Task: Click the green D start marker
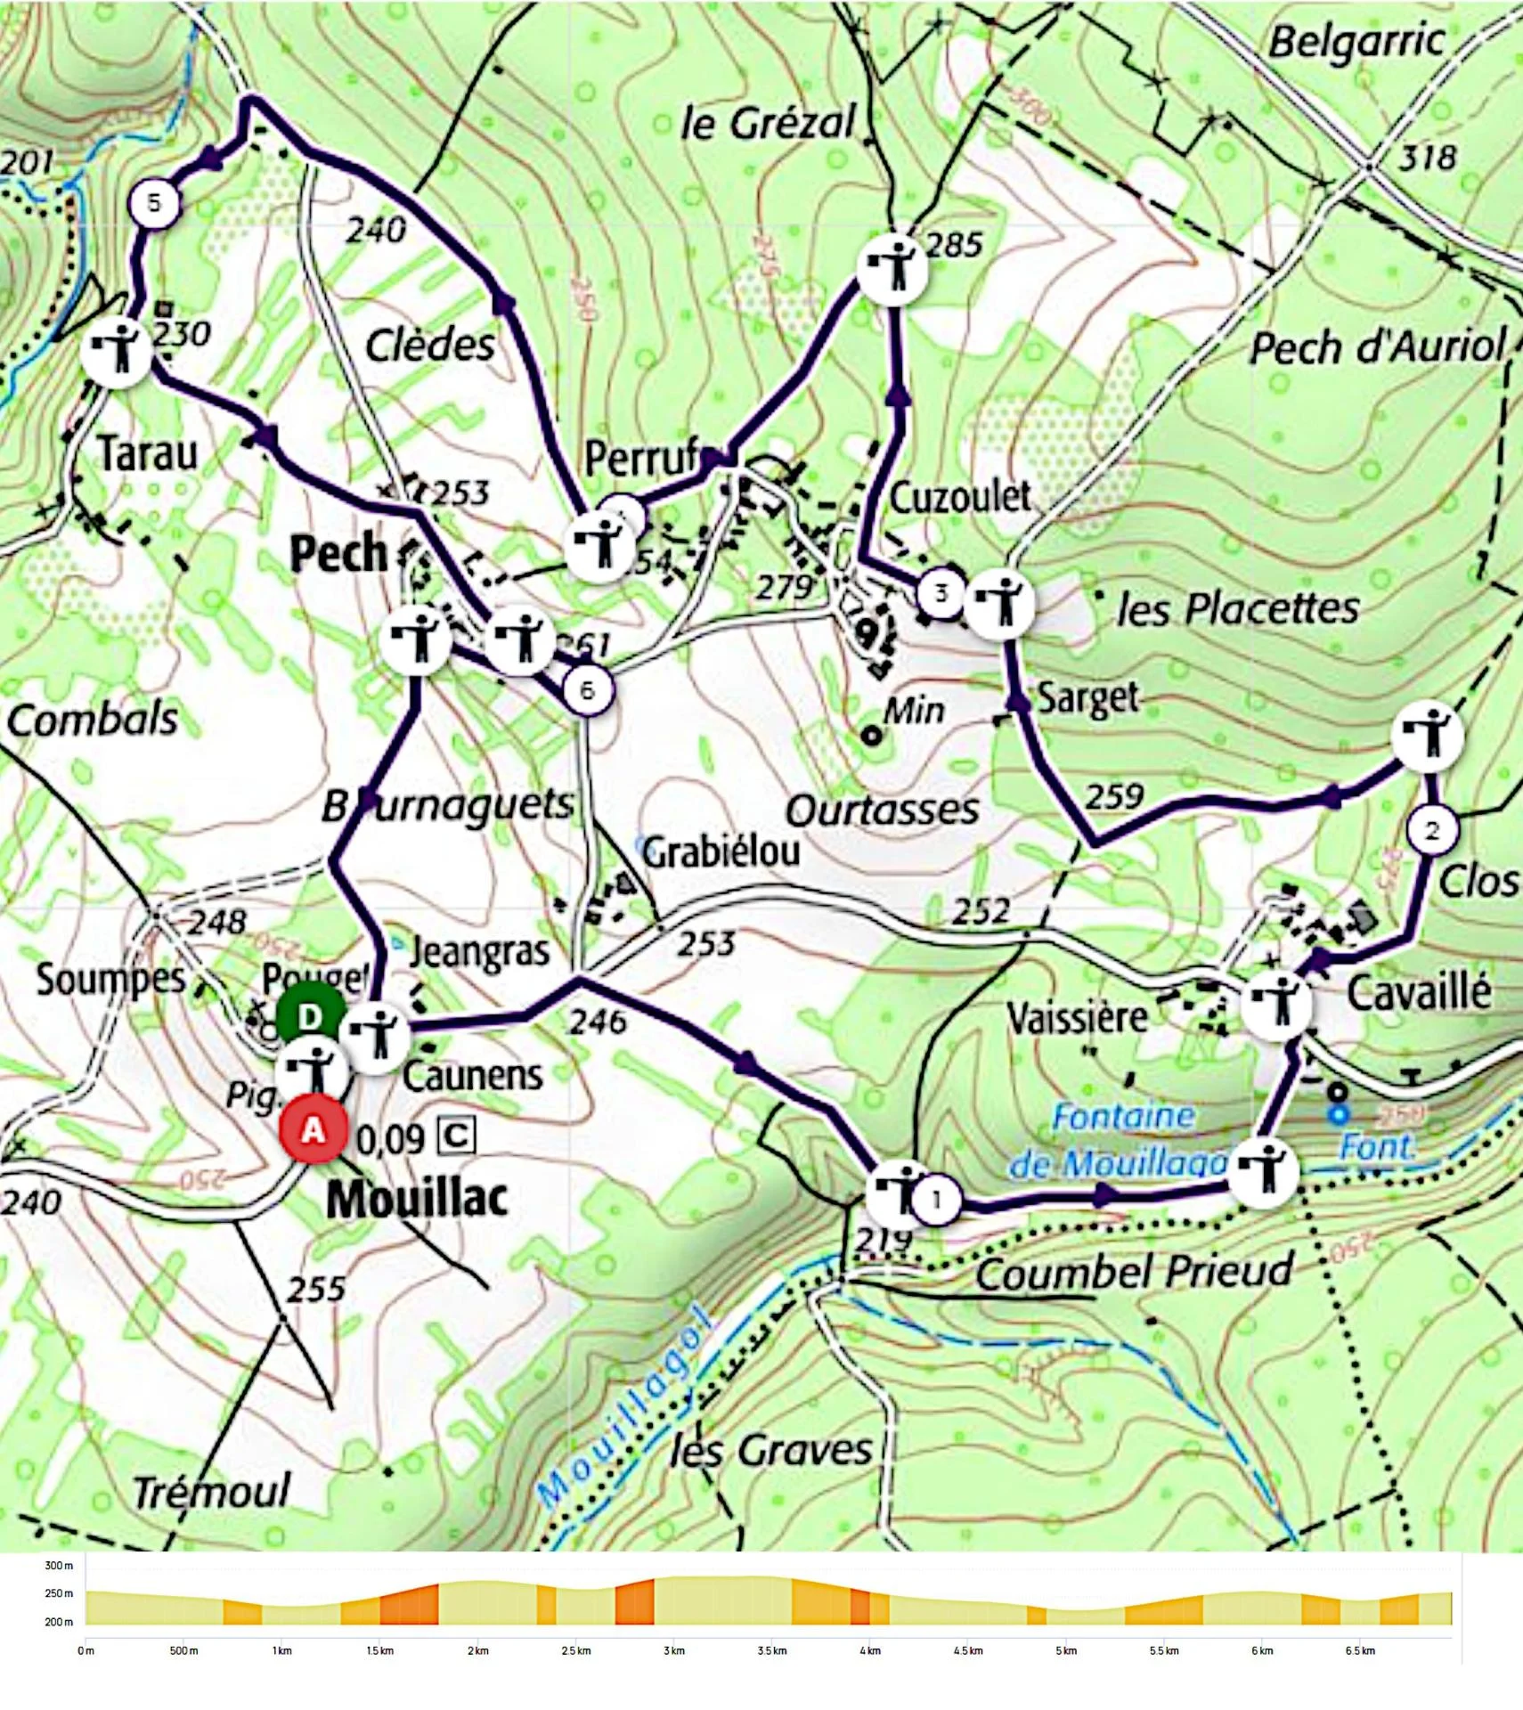[x=309, y=1017]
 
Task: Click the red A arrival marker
[x=313, y=1130]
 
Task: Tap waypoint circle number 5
[x=154, y=203]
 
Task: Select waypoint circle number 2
[x=1432, y=830]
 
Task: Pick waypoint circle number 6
[x=586, y=690]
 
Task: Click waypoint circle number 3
[x=941, y=592]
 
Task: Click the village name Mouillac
[x=417, y=1199]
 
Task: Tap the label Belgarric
[x=1356, y=42]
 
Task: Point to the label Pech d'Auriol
[x=1377, y=347]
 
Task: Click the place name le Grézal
[x=768, y=122]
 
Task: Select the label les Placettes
[x=1238, y=609]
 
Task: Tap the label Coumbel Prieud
[x=1133, y=1272]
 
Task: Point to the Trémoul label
[x=211, y=1492]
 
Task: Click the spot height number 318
[x=1427, y=159]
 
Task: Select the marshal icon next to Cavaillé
[x=1276, y=1004]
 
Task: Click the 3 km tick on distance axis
[x=674, y=1651]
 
